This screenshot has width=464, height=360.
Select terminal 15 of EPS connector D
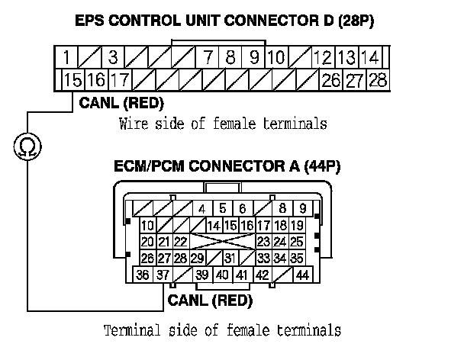click(73, 79)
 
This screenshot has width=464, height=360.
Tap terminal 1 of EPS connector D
click(67, 57)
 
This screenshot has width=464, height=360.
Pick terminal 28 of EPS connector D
click(378, 79)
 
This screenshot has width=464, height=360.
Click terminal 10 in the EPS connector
click(276, 57)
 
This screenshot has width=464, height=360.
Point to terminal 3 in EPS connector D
click(112, 57)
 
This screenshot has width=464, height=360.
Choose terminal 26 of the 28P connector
click(330, 79)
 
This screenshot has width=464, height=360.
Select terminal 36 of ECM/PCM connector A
click(142, 275)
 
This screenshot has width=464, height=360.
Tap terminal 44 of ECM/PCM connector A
click(303, 275)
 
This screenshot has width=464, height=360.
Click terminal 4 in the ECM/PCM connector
click(202, 208)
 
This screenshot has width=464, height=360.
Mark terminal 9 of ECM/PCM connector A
click(303, 208)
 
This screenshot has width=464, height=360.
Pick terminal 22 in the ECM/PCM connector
click(181, 242)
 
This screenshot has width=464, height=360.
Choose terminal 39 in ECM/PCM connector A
click(202, 275)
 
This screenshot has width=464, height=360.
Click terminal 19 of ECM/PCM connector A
click(298, 225)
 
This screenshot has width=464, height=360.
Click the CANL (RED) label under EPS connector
click(121, 103)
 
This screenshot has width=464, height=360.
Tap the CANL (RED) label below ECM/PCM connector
click(210, 301)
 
